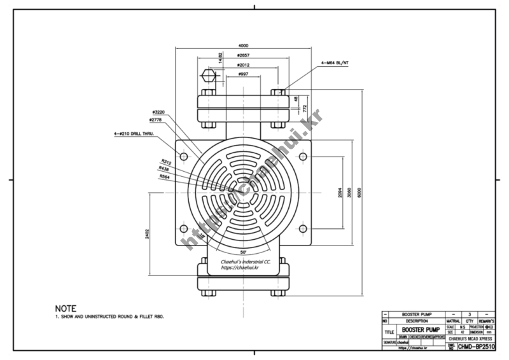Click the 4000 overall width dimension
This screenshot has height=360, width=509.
[x=243, y=46]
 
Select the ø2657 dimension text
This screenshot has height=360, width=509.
[x=243, y=55]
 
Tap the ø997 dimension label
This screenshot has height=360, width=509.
[x=243, y=74]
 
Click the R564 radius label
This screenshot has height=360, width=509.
[x=165, y=176]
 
